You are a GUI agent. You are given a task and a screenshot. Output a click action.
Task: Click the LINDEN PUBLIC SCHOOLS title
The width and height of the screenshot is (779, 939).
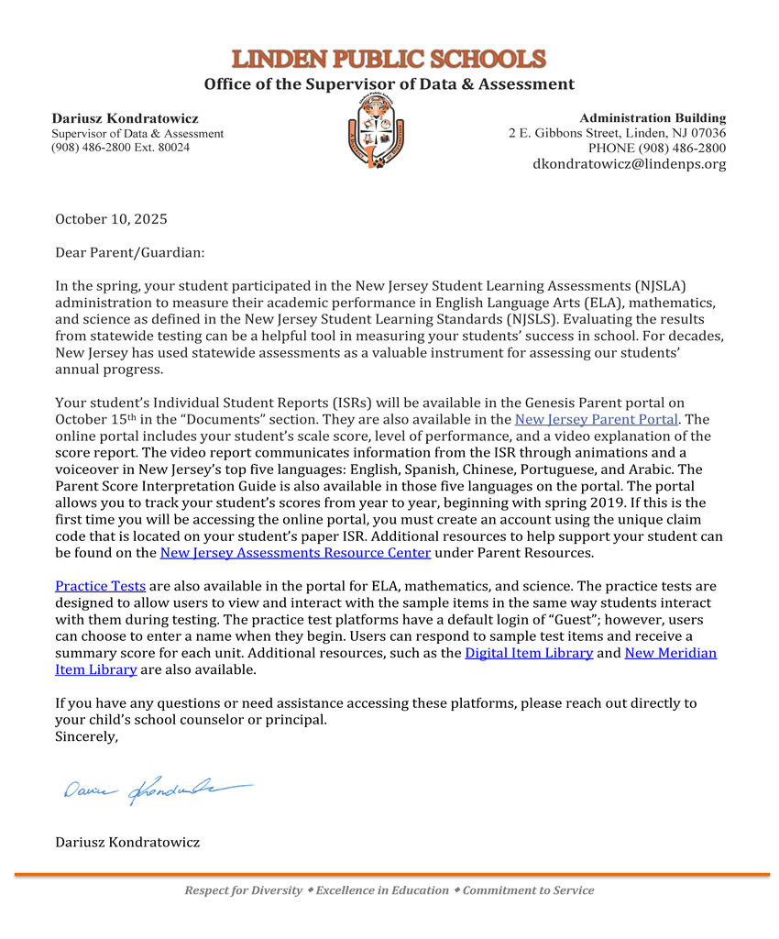click(x=389, y=60)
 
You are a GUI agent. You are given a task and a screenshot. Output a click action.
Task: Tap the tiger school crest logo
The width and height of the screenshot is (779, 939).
click(x=376, y=130)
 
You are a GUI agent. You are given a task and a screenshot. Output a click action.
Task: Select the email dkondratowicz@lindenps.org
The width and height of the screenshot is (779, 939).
click(x=629, y=164)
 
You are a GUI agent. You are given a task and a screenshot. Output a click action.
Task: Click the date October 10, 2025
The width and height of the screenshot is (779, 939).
click(x=111, y=219)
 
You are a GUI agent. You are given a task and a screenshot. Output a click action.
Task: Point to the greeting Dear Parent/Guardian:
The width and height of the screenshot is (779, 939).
click(x=130, y=252)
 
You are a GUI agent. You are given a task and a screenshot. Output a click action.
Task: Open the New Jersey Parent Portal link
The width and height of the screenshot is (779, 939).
click(x=596, y=419)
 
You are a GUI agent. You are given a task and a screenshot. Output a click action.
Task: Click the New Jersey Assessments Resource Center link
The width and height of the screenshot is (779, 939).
click(x=295, y=553)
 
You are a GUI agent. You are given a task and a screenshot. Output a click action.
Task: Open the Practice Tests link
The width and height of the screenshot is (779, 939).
click(x=100, y=586)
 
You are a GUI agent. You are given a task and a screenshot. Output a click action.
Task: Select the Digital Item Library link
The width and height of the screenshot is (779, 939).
click(x=529, y=653)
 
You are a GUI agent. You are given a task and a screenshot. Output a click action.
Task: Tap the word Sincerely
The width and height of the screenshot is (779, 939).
click(x=86, y=736)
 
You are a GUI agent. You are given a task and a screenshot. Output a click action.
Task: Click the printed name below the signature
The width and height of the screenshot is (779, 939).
click(x=127, y=842)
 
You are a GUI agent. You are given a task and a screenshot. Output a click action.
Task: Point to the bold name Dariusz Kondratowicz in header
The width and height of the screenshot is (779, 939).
click(x=125, y=118)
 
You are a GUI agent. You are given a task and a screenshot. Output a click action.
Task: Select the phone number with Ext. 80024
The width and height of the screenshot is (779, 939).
click(x=120, y=148)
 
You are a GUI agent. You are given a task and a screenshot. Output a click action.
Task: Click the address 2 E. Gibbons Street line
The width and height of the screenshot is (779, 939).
click(x=617, y=133)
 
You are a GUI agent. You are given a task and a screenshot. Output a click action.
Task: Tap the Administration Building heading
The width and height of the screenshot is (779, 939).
click(x=653, y=117)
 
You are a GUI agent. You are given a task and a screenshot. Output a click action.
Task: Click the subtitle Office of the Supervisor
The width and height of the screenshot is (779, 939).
click(x=389, y=84)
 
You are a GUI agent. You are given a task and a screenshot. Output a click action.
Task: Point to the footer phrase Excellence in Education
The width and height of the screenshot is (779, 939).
click(x=382, y=890)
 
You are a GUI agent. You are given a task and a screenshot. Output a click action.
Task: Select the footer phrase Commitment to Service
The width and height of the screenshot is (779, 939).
click(x=528, y=890)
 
